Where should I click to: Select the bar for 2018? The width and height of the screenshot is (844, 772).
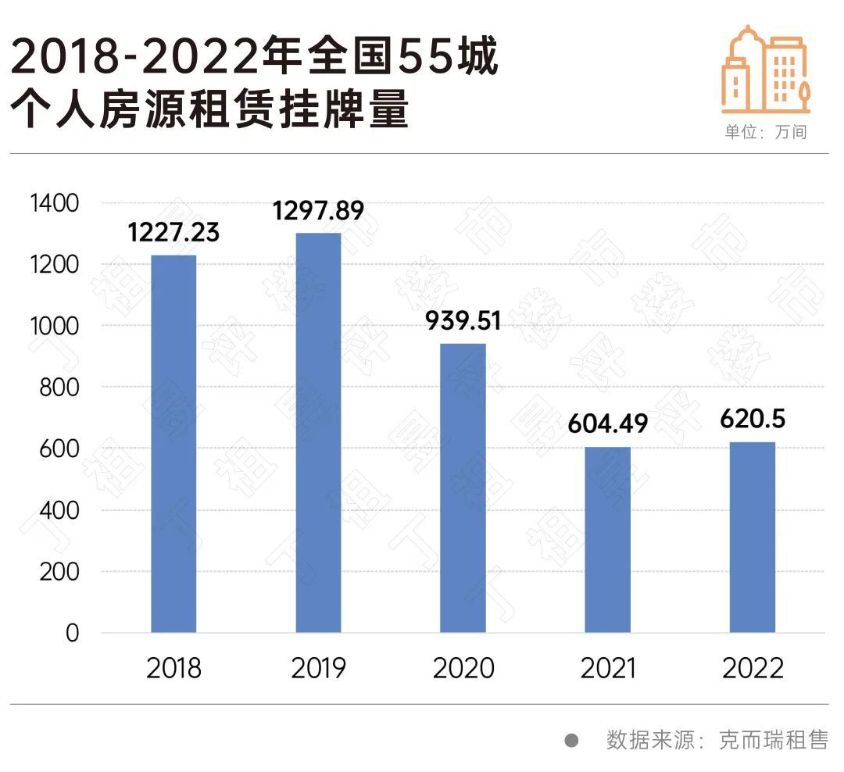173,444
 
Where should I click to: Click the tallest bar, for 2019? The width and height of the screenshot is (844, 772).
318,433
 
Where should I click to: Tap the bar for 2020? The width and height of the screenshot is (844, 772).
463,488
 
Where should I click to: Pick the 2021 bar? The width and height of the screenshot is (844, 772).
607,539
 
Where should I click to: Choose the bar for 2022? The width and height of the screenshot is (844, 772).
752,537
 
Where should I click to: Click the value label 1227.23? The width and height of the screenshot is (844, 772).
173,233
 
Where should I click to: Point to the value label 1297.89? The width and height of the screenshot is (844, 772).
318,211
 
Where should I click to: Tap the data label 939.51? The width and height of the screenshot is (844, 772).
463,321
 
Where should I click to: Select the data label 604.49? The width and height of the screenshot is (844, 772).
607,424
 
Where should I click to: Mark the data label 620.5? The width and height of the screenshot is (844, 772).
752,420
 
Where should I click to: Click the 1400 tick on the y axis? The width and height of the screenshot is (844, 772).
54,203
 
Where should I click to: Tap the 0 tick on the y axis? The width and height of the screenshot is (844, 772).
73,633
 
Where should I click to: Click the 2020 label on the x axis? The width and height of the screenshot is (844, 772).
463,669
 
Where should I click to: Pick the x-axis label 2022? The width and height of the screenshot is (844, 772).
752,669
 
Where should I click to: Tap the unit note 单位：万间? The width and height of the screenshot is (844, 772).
765,132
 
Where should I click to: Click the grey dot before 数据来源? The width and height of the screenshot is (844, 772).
571,740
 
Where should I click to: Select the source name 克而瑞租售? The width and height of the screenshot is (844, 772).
773,740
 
